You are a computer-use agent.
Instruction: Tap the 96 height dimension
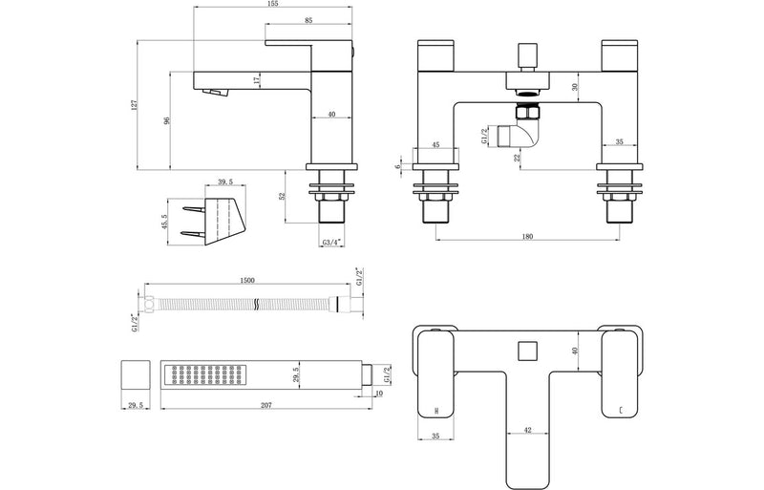(x=168, y=122)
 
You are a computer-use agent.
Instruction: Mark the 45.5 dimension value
(x=165, y=221)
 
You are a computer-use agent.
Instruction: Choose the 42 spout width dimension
(x=527, y=431)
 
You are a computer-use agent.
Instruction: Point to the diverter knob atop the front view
(x=525, y=54)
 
